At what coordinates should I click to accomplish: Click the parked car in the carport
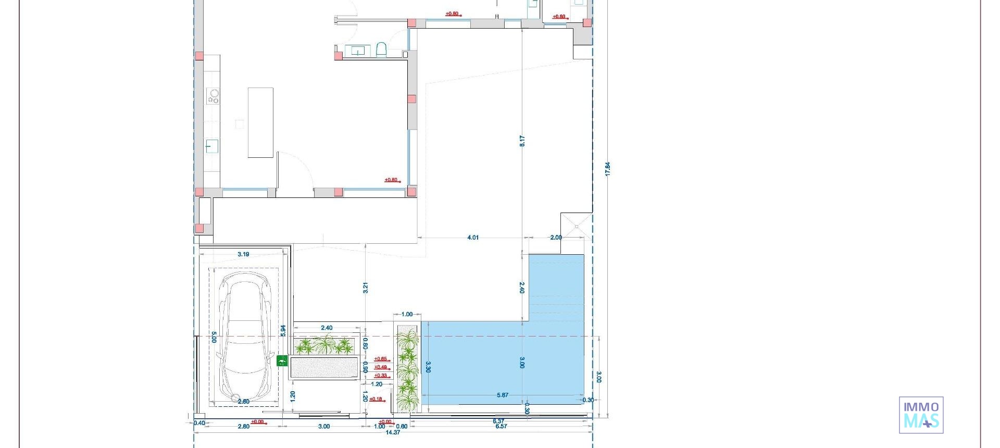pos(244,341)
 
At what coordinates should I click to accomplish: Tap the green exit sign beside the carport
pos(282,360)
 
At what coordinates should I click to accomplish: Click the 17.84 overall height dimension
pos(608,169)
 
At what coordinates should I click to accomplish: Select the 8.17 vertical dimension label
pos(522,141)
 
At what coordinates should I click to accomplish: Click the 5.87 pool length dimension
pos(503,395)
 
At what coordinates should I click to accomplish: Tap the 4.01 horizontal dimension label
pos(473,238)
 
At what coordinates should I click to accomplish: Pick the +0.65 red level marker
pos(381,359)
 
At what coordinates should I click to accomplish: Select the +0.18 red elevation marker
pos(376,400)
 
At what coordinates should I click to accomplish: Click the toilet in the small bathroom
pos(381,50)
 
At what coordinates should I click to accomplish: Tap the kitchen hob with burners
pos(214,96)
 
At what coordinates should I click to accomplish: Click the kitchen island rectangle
pos(260,122)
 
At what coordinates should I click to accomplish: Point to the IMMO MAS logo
pos(921,415)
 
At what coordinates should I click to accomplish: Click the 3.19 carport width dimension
pos(243,255)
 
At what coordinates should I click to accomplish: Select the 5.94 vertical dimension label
pos(283,330)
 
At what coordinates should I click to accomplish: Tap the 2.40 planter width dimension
pos(327,328)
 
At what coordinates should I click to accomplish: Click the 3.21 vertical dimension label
pos(366,288)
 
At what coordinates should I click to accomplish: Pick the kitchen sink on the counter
pos(211,146)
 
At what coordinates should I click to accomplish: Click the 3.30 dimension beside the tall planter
pos(428,367)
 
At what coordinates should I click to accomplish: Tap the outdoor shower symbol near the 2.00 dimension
pos(577,227)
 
